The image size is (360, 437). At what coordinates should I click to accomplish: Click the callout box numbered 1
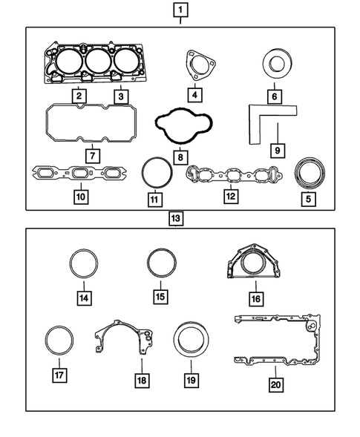click(x=180, y=10)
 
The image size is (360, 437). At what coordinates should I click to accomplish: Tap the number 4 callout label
click(x=194, y=96)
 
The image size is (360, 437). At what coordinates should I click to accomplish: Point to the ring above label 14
click(x=84, y=264)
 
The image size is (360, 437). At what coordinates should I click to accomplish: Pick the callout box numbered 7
click(x=92, y=157)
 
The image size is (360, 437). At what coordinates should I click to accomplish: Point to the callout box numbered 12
click(x=231, y=197)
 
